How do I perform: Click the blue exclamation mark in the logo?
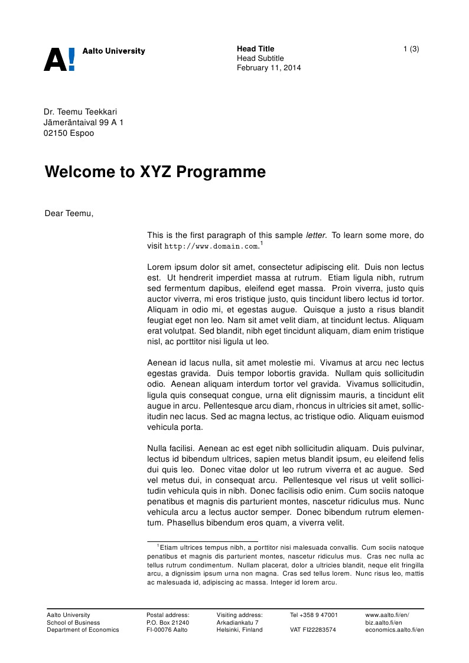pyautogui.click(x=71, y=60)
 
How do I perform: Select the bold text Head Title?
pyautogui.click(x=255, y=48)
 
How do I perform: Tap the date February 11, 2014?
pyautogui.click(x=269, y=68)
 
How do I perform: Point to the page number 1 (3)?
pyautogui.click(x=411, y=48)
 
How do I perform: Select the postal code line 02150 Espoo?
pyautogui.click(x=69, y=133)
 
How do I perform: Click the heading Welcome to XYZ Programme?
pyautogui.click(x=155, y=172)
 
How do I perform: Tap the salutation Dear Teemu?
pyautogui.click(x=69, y=213)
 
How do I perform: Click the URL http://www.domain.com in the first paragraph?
pyautogui.click(x=211, y=246)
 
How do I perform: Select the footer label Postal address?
pyautogui.click(x=168, y=615)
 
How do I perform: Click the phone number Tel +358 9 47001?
pyautogui.click(x=314, y=615)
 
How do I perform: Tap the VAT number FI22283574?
pyautogui.click(x=313, y=630)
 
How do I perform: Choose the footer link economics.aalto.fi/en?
pyautogui.click(x=395, y=630)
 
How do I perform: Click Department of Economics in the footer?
pyautogui.click(x=83, y=630)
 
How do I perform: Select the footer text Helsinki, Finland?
pyautogui.click(x=239, y=630)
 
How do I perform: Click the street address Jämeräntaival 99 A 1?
pyautogui.click(x=83, y=122)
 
